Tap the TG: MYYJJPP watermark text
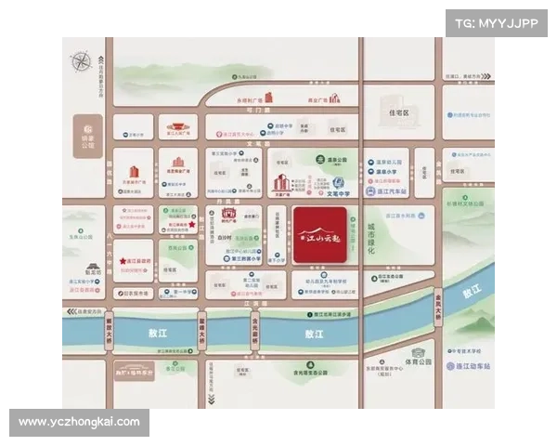click(x=497, y=22)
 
